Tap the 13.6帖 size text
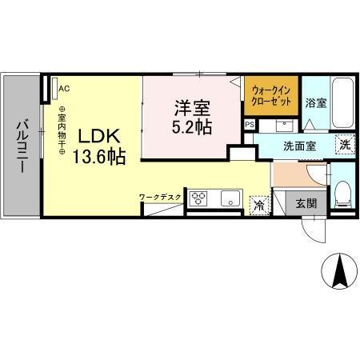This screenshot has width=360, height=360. pos(99,157)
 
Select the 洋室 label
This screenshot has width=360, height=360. pos(192,106)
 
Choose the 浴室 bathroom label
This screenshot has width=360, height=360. pos(316,102)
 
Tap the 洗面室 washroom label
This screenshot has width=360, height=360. pos(299,147)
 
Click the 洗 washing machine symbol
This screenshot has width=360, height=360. pos(343,145)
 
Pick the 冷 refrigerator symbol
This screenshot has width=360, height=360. pos(259,206)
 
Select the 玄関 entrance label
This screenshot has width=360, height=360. pos(306,203)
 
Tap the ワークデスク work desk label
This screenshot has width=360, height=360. pos(160,195)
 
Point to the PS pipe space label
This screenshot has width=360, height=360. pos(250,125)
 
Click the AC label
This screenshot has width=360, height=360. pos(64,89)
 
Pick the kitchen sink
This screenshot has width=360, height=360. pos(230,199)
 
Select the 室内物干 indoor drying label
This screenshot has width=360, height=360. pos(61,132)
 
